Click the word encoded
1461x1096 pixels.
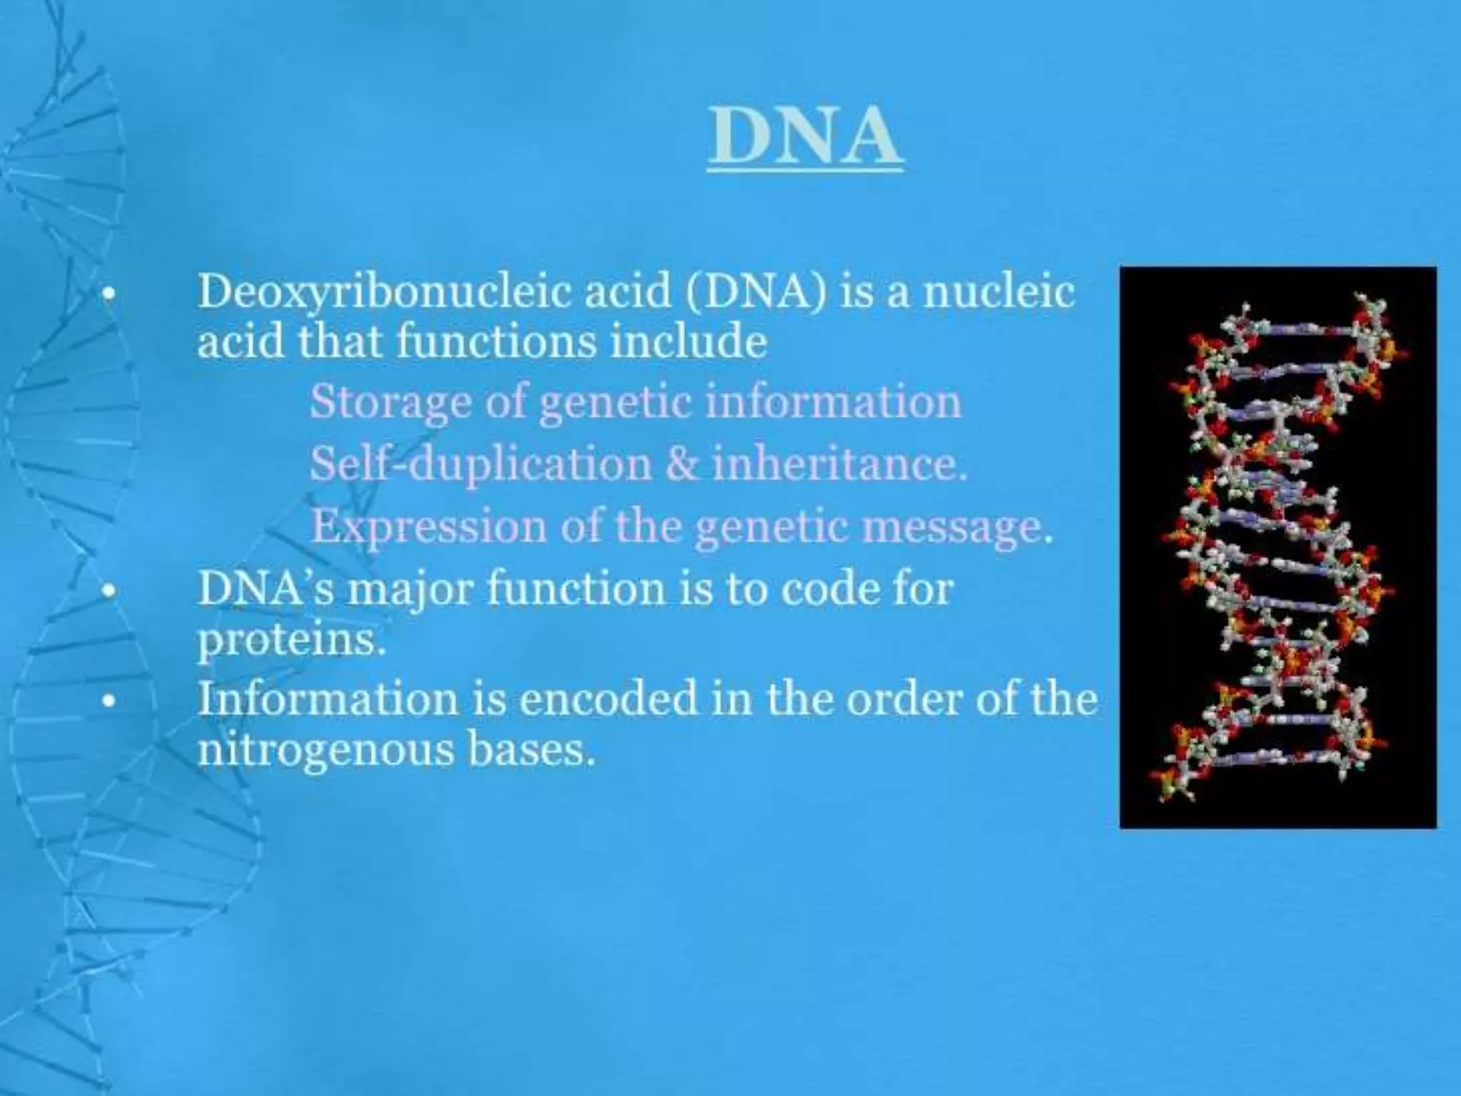607,699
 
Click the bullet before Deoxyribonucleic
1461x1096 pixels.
108,293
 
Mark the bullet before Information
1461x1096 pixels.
108,700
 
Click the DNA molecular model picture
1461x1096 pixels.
1278,547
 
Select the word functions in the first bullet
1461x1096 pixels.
496,342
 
